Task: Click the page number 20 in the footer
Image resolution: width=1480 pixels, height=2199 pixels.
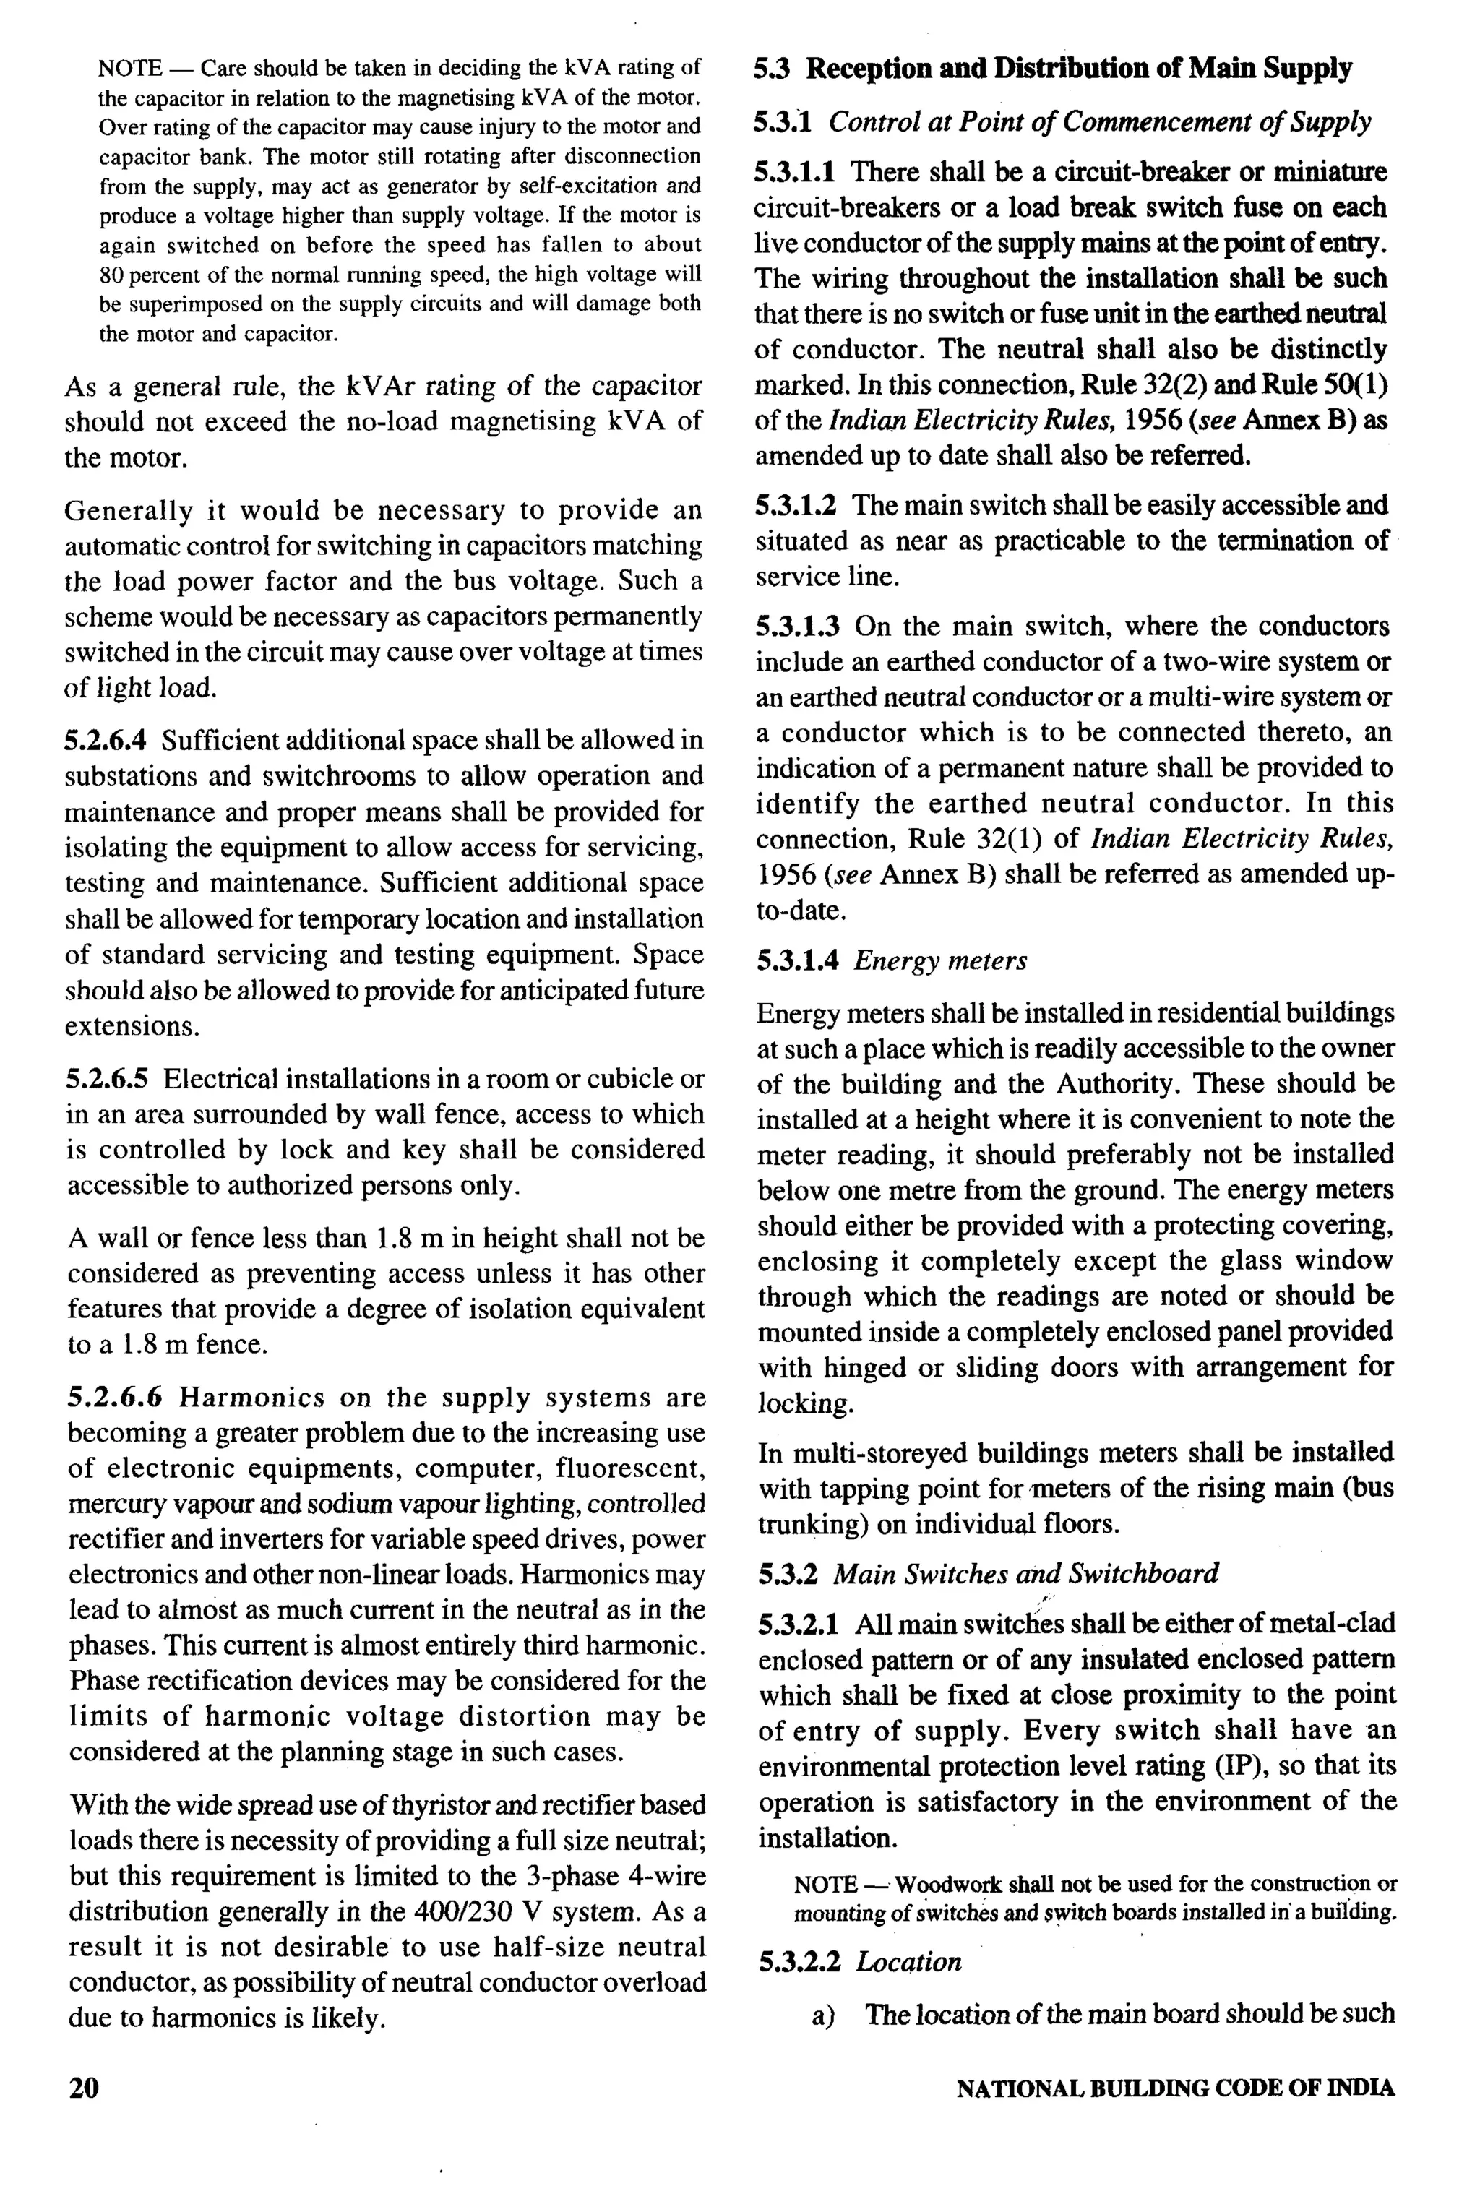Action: pyautogui.click(x=83, y=2087)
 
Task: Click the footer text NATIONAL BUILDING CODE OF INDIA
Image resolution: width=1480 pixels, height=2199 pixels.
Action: pyautogui.click(x=1174, y=2088)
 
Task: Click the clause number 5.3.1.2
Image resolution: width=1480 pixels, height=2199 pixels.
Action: pyautogui.click(x=795, y=506)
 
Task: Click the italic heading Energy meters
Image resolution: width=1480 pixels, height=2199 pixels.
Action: pyautogui.click(x=940, y=961)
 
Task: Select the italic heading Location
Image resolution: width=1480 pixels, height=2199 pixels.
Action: pyautogui.click(x=908, y=1961)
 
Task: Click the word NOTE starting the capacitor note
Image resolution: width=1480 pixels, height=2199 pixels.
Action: pyautogui.click(x=129, y=68)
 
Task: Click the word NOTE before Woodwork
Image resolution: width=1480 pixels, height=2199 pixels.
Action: pyautogui.click(x=824, y=1885)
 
